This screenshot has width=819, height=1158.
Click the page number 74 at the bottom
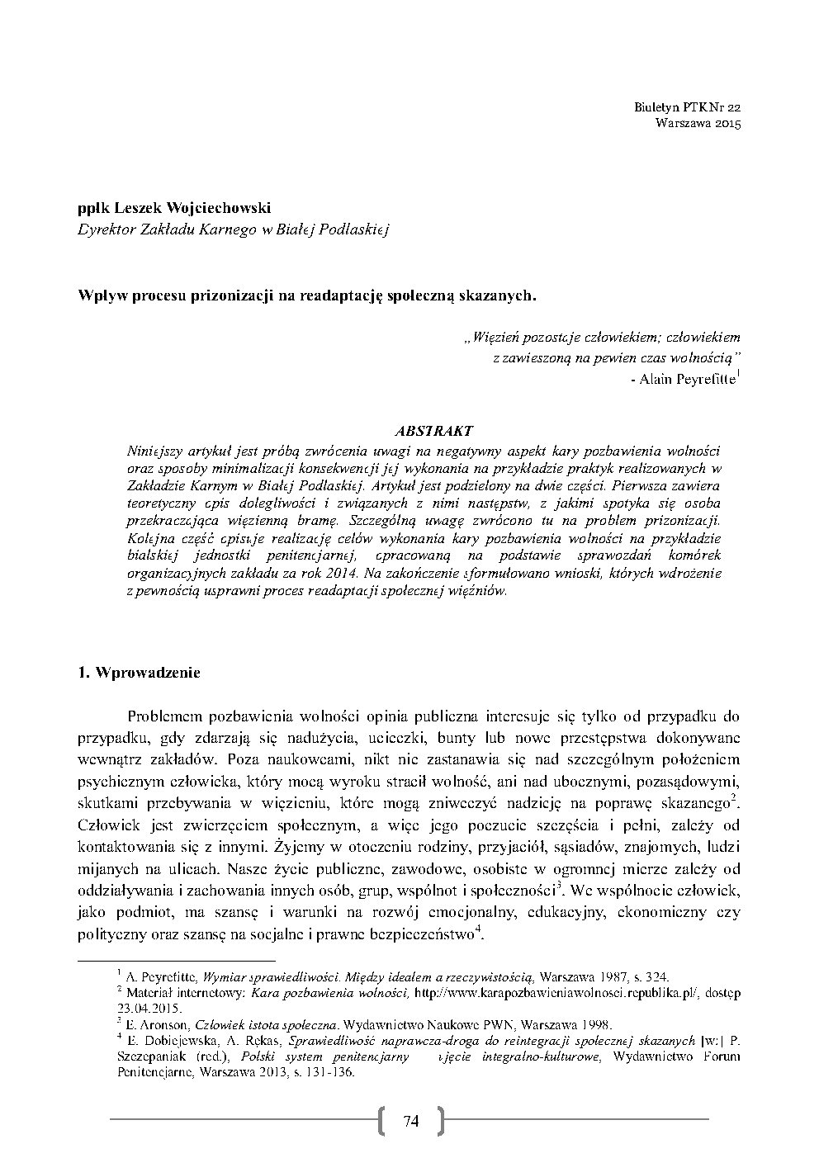(x=410, y=1120)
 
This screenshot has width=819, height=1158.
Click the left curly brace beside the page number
(x=382, y=1120)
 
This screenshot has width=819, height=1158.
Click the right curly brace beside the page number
(x=439, y=1120)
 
